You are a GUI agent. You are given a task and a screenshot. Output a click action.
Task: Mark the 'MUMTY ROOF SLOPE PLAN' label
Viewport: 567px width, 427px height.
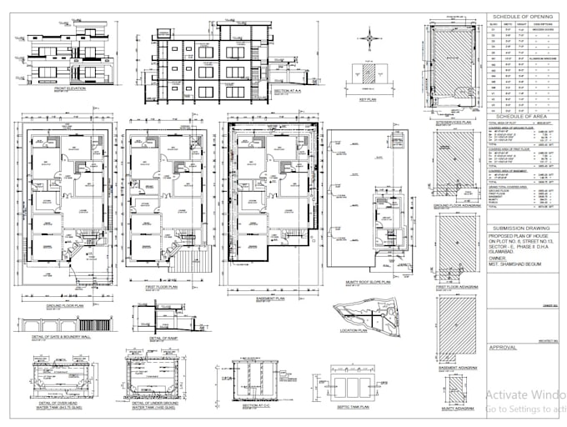pos(364,283)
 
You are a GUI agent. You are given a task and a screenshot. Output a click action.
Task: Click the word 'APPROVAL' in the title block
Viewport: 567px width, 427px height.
pos(504,346)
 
